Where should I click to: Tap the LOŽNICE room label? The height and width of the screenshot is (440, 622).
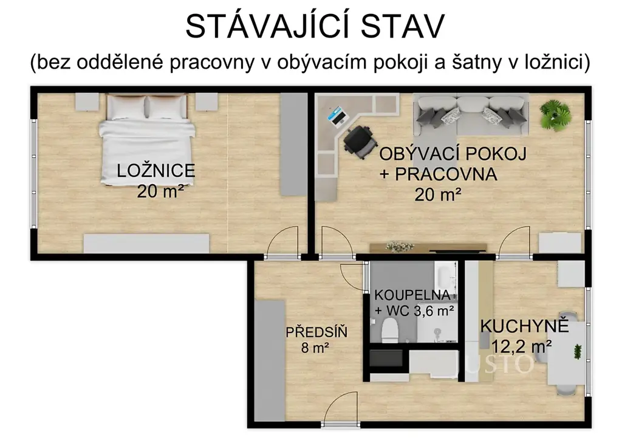point(156,171)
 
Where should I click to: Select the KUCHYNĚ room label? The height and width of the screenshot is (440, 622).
point(524,326)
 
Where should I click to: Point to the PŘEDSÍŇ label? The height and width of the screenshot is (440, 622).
point(316,332)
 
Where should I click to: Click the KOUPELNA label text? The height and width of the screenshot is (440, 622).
point(412,295)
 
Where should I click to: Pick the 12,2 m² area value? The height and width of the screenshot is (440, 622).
point(521,347)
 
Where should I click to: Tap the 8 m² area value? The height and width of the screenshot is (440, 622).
point(315,348)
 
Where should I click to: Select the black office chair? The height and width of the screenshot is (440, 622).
point(360,142)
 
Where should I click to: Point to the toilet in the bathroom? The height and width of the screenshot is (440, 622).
point(390,332)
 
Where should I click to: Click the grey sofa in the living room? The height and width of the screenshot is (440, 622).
point(471,114)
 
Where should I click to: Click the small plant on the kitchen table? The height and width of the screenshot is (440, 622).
point(577,351)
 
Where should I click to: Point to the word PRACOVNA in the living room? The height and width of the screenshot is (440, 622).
point(445,174)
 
